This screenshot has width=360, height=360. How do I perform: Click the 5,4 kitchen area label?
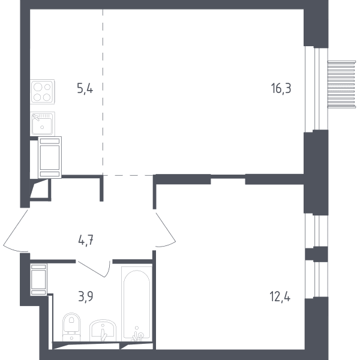coord(85,89)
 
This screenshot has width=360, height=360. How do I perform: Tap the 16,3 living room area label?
coord(281,89)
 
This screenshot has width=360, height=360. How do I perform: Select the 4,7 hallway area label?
coord(86,241)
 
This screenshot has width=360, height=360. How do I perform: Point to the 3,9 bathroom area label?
coord(86,296)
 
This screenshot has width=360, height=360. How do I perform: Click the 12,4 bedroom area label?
coord(280,296)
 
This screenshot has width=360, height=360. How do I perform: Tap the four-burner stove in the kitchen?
coord(43,92)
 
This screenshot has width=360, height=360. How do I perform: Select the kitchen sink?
coord(43,124)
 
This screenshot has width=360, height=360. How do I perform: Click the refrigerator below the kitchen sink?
coord(50,157)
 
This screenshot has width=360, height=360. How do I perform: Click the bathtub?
coord(137,304)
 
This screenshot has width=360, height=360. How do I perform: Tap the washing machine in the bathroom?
coord(38,280)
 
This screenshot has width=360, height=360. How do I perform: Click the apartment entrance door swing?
coord(14,232)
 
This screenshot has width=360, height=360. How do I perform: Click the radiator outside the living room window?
coord(341,84)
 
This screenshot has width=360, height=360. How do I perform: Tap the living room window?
coord(316,89)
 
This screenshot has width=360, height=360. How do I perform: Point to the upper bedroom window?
coord(316,231)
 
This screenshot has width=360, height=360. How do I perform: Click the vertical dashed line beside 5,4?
coord(103,92)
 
